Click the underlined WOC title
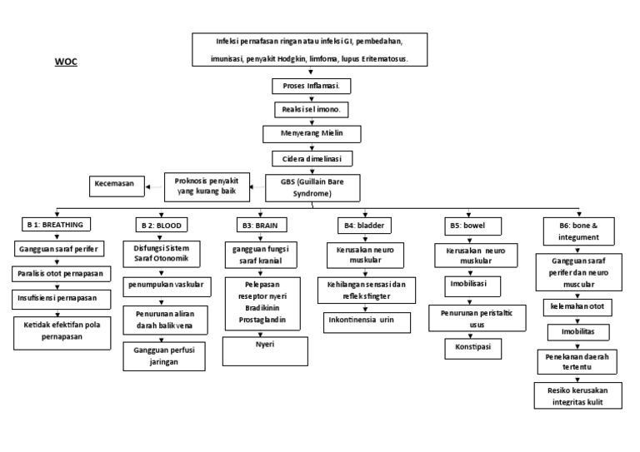tap(66, 62)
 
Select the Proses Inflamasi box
tap(311, 87)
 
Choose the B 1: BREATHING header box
tap(56, 225)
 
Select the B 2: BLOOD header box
tap(161, 225)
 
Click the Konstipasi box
tap(473, 345)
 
